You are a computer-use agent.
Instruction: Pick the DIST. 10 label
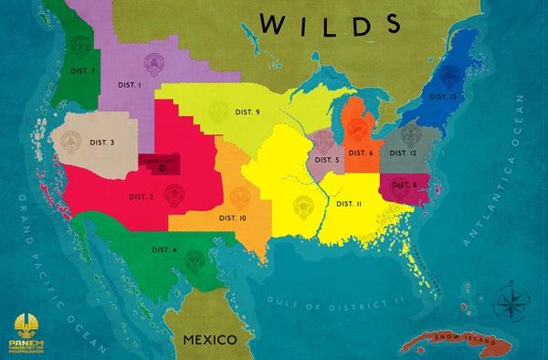click(232, 218)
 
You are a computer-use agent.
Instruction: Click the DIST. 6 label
click(357, 153)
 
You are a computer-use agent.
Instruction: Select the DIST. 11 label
click(349, 203)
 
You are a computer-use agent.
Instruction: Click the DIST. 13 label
click(444, 96)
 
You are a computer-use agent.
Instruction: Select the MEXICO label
click(209, 339)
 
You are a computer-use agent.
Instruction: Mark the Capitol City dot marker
click(163, 169)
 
